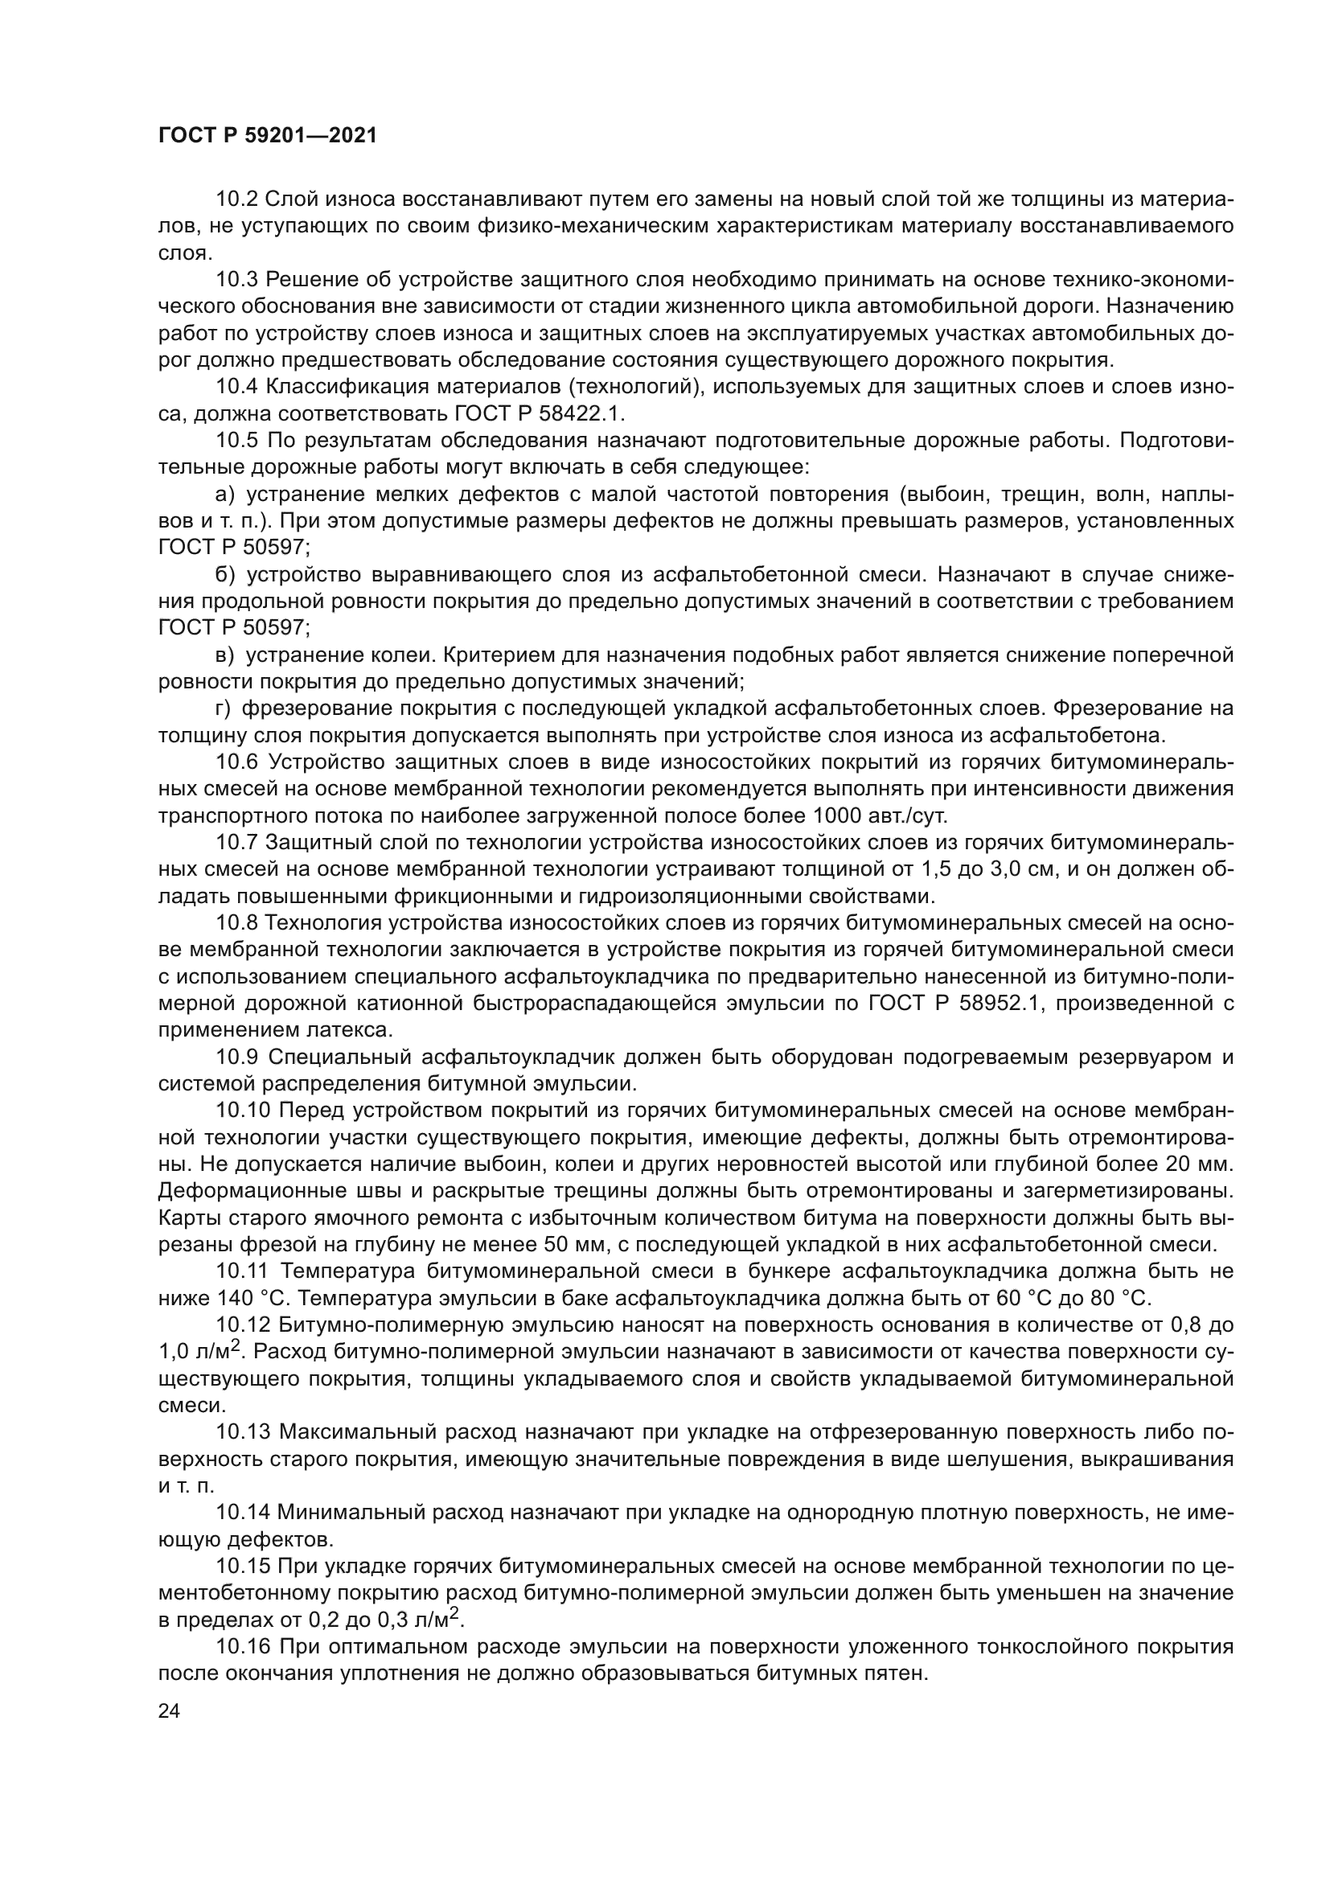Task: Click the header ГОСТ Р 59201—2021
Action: (x=268, y=136)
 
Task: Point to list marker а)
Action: (x=225, y=494)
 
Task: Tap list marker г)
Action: (x=223, y=708)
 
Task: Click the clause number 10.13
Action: (x=243, y=1433)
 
